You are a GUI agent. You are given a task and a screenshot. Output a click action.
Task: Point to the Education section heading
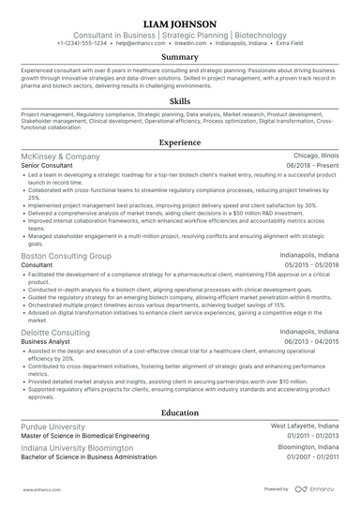point(179,412)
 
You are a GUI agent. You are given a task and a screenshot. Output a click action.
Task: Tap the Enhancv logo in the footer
point(318,489)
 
